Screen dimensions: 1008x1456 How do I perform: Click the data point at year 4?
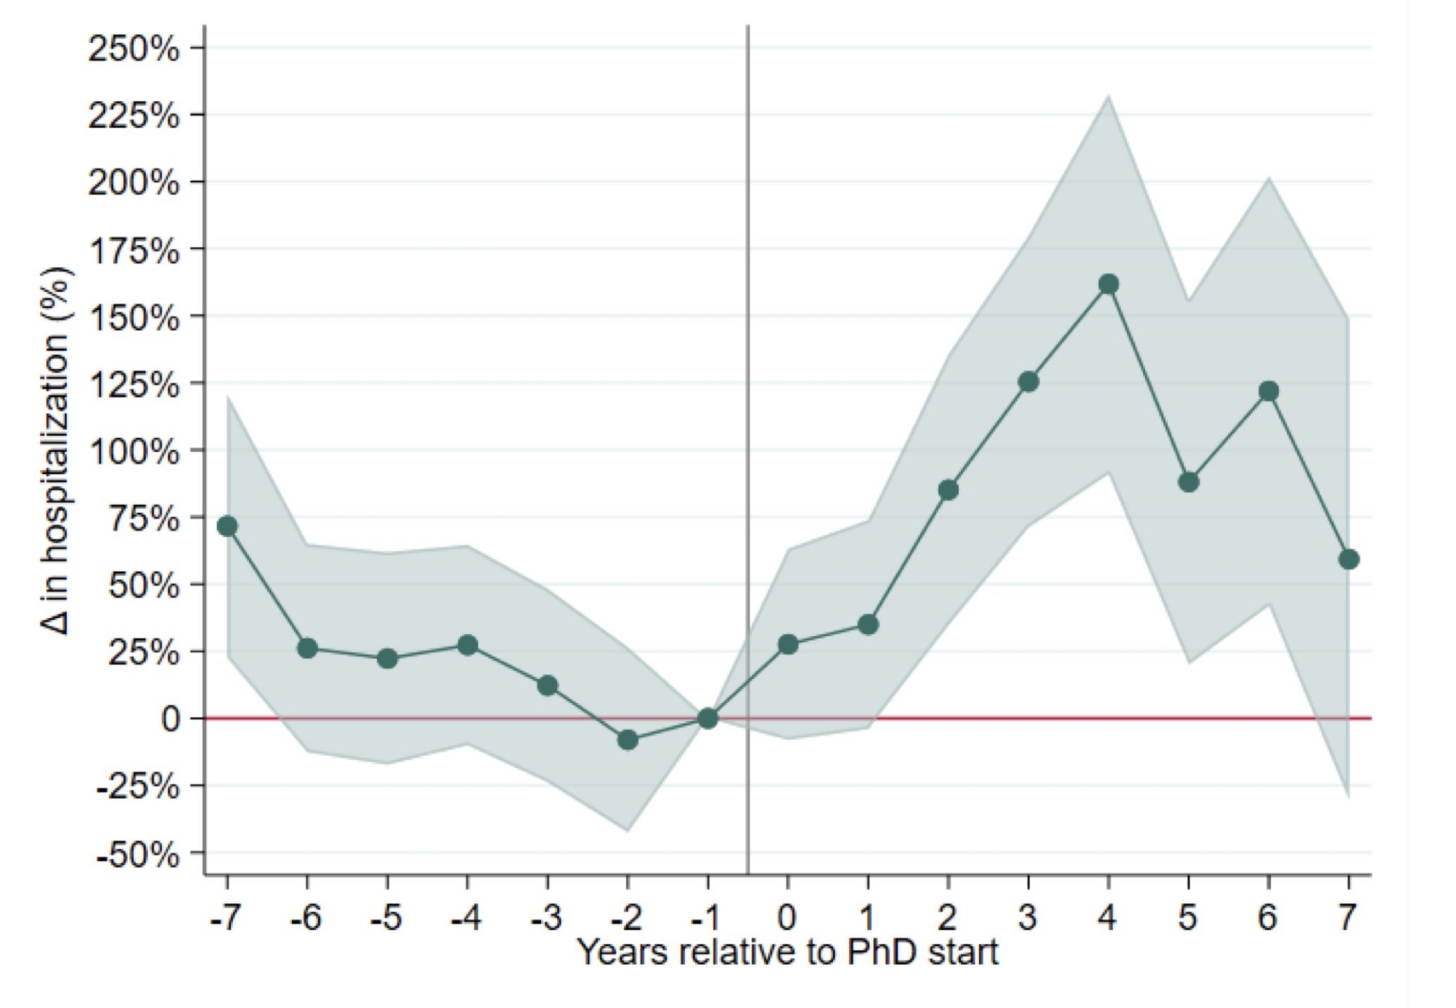[1108, 284]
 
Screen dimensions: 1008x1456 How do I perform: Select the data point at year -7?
[227, 525]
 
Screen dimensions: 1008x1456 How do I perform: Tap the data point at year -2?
[628, 740]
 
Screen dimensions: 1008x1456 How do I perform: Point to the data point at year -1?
[708, 718]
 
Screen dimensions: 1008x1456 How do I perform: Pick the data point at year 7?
[1348, 559]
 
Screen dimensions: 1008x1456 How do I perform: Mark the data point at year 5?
[1188, 482]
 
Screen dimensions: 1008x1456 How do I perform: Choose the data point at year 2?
[948, 490]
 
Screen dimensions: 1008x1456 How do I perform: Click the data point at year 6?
[1268, 391]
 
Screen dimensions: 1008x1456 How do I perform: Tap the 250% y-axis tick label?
[134, 49]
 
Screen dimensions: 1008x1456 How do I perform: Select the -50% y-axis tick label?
[138, 854]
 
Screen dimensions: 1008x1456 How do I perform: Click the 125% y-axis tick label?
[134, 385]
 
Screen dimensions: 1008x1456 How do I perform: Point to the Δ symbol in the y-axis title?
[57, 622]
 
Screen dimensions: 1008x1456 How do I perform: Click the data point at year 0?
[788, 644]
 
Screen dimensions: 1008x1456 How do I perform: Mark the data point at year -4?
[467, 645]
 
